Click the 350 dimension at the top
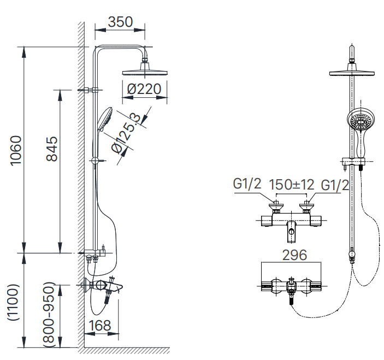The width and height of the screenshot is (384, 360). click(120, 22)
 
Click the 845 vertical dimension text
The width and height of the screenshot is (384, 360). click(51, 149)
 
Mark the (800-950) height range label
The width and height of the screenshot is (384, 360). click(50, 315)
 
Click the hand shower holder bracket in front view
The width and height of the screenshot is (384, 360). click(354, 161)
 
